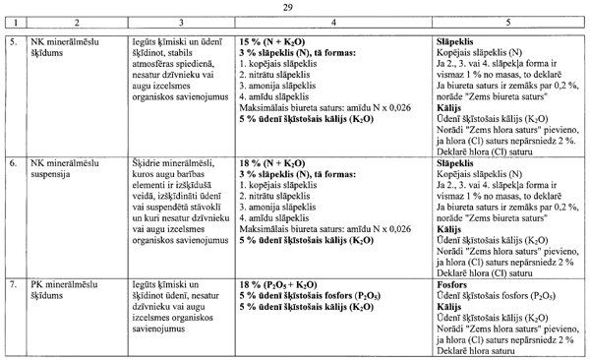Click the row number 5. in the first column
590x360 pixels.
pyautogui.click(x=12, y=44)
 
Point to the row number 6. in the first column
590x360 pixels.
pyautogui.click(x=12, y=160)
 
